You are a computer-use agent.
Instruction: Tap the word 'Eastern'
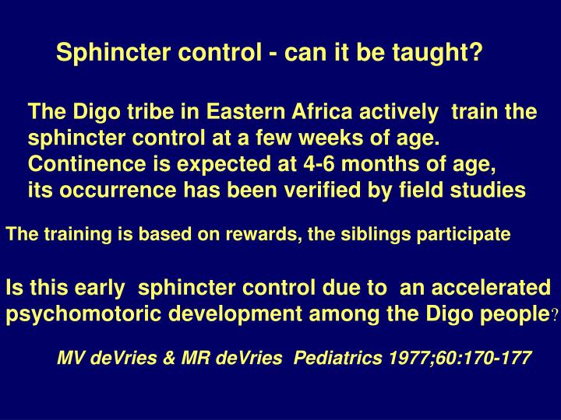pyautogui.click(x=245, y=112)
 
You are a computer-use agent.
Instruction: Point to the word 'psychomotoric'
pyautogui.click(x=76, y=315)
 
